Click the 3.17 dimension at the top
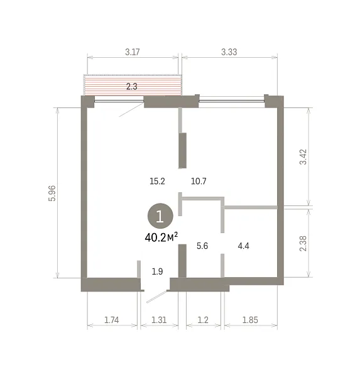tap(133, 52)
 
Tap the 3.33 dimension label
tap(229, 52)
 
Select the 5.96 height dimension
tap(52, 194)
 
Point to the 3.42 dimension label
tap(303, 157)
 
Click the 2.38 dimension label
tap(303, 244)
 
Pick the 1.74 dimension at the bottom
tap(112, 320)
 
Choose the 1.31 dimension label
tap(159, 320)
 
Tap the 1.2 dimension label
tap(203, 320)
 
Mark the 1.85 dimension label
tap(250, 320)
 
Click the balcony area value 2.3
tap(132, 86)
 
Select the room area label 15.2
tap(157, 181)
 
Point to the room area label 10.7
tap(199, 181)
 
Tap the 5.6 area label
tap(202, 246)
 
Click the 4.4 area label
tap(243, 246)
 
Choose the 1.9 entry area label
tap(157, 271)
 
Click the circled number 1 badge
tap(160, 216)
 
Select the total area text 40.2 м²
tap(161, 238)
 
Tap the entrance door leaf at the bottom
tap(156, 297)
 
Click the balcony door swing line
tap(131, 110)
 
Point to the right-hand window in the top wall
tap(232, 101)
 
